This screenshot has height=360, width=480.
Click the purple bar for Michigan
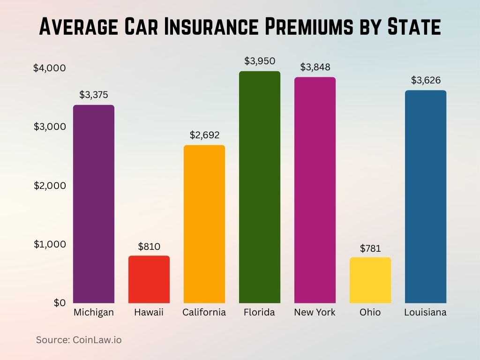tap(94, 204)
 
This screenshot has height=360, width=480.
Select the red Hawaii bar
tap(149, 279)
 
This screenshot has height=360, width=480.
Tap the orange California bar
tap(204, 224)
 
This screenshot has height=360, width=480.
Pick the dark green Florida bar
tap(260, 187)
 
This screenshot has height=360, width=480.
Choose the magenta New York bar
tap(315, 190)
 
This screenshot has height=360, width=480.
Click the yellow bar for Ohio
tap(370, 280)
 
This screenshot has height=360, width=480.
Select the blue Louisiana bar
tap(426, 196)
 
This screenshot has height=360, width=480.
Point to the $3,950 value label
tap(260, 61)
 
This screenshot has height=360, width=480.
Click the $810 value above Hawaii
tap(149, 246)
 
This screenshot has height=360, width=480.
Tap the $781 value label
tap(370, 248)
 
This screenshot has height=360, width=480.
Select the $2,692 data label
tap(204, 135)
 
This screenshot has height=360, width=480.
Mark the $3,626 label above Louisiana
tap(426, 80)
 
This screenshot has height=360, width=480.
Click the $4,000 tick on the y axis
tap(49, 68)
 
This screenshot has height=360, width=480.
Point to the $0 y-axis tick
tap(60, 303)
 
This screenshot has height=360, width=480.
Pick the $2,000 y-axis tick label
tap(49, 186)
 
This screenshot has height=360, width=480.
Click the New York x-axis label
tap(315, 312)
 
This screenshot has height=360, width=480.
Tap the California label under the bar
tap(204, 312)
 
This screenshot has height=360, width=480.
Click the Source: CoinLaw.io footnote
tap(79, 340)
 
